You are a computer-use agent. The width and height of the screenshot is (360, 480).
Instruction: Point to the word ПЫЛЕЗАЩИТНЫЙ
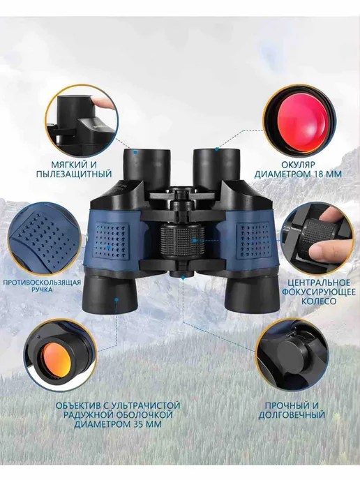(74, 174)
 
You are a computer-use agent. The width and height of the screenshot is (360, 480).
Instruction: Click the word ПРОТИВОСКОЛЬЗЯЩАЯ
(42, 283)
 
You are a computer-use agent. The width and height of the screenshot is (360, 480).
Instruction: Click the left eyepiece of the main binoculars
(147, 167)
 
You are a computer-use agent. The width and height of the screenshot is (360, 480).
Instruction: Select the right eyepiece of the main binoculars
(216, 167)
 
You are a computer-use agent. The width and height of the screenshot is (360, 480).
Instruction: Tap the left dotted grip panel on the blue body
(112, 239)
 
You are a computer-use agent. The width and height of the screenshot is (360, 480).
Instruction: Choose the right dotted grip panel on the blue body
(254, 239)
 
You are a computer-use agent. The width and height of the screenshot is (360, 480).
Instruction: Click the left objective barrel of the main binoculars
(110, 293)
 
